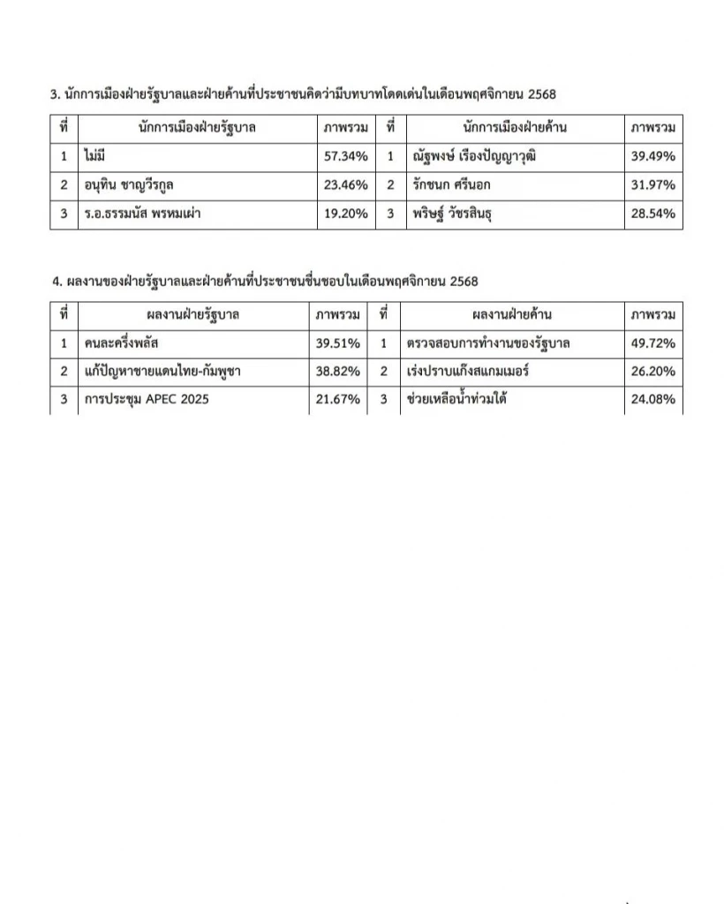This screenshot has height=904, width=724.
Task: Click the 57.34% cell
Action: point(345,156)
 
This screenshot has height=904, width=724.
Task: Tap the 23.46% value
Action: point(345,185)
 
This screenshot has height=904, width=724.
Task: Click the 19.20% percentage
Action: point(345,214)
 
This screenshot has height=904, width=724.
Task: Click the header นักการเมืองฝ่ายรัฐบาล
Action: point(197,127)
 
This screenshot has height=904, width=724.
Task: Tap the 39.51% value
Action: point(338,343)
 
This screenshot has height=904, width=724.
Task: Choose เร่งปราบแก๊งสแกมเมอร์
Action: point(464,371)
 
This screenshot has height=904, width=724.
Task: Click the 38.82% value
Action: point(338,371)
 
